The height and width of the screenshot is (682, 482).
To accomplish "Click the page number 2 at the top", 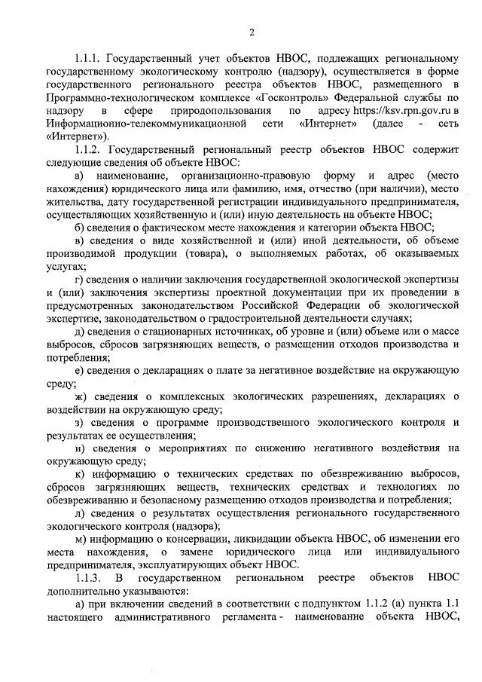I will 252,31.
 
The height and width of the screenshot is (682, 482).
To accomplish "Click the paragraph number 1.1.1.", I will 90,58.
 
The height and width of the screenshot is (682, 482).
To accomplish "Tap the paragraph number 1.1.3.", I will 91,578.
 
